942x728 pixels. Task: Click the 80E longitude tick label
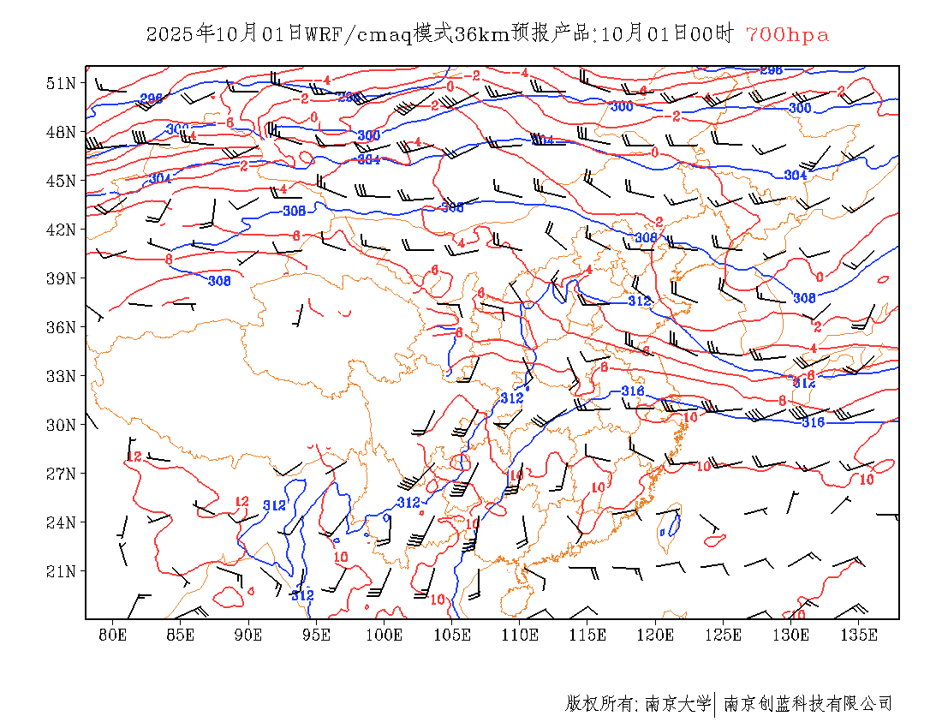coord(113,635)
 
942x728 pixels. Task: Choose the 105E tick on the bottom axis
coord(452,635)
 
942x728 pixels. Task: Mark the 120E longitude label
coord(656,635)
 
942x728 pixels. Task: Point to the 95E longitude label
coord(317,635)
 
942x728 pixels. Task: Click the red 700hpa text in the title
coord(787,35)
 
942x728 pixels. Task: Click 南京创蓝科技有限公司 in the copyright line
coord(808,704)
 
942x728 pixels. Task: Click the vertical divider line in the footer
coord(714,704)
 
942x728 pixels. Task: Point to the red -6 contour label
coord(229,123)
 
